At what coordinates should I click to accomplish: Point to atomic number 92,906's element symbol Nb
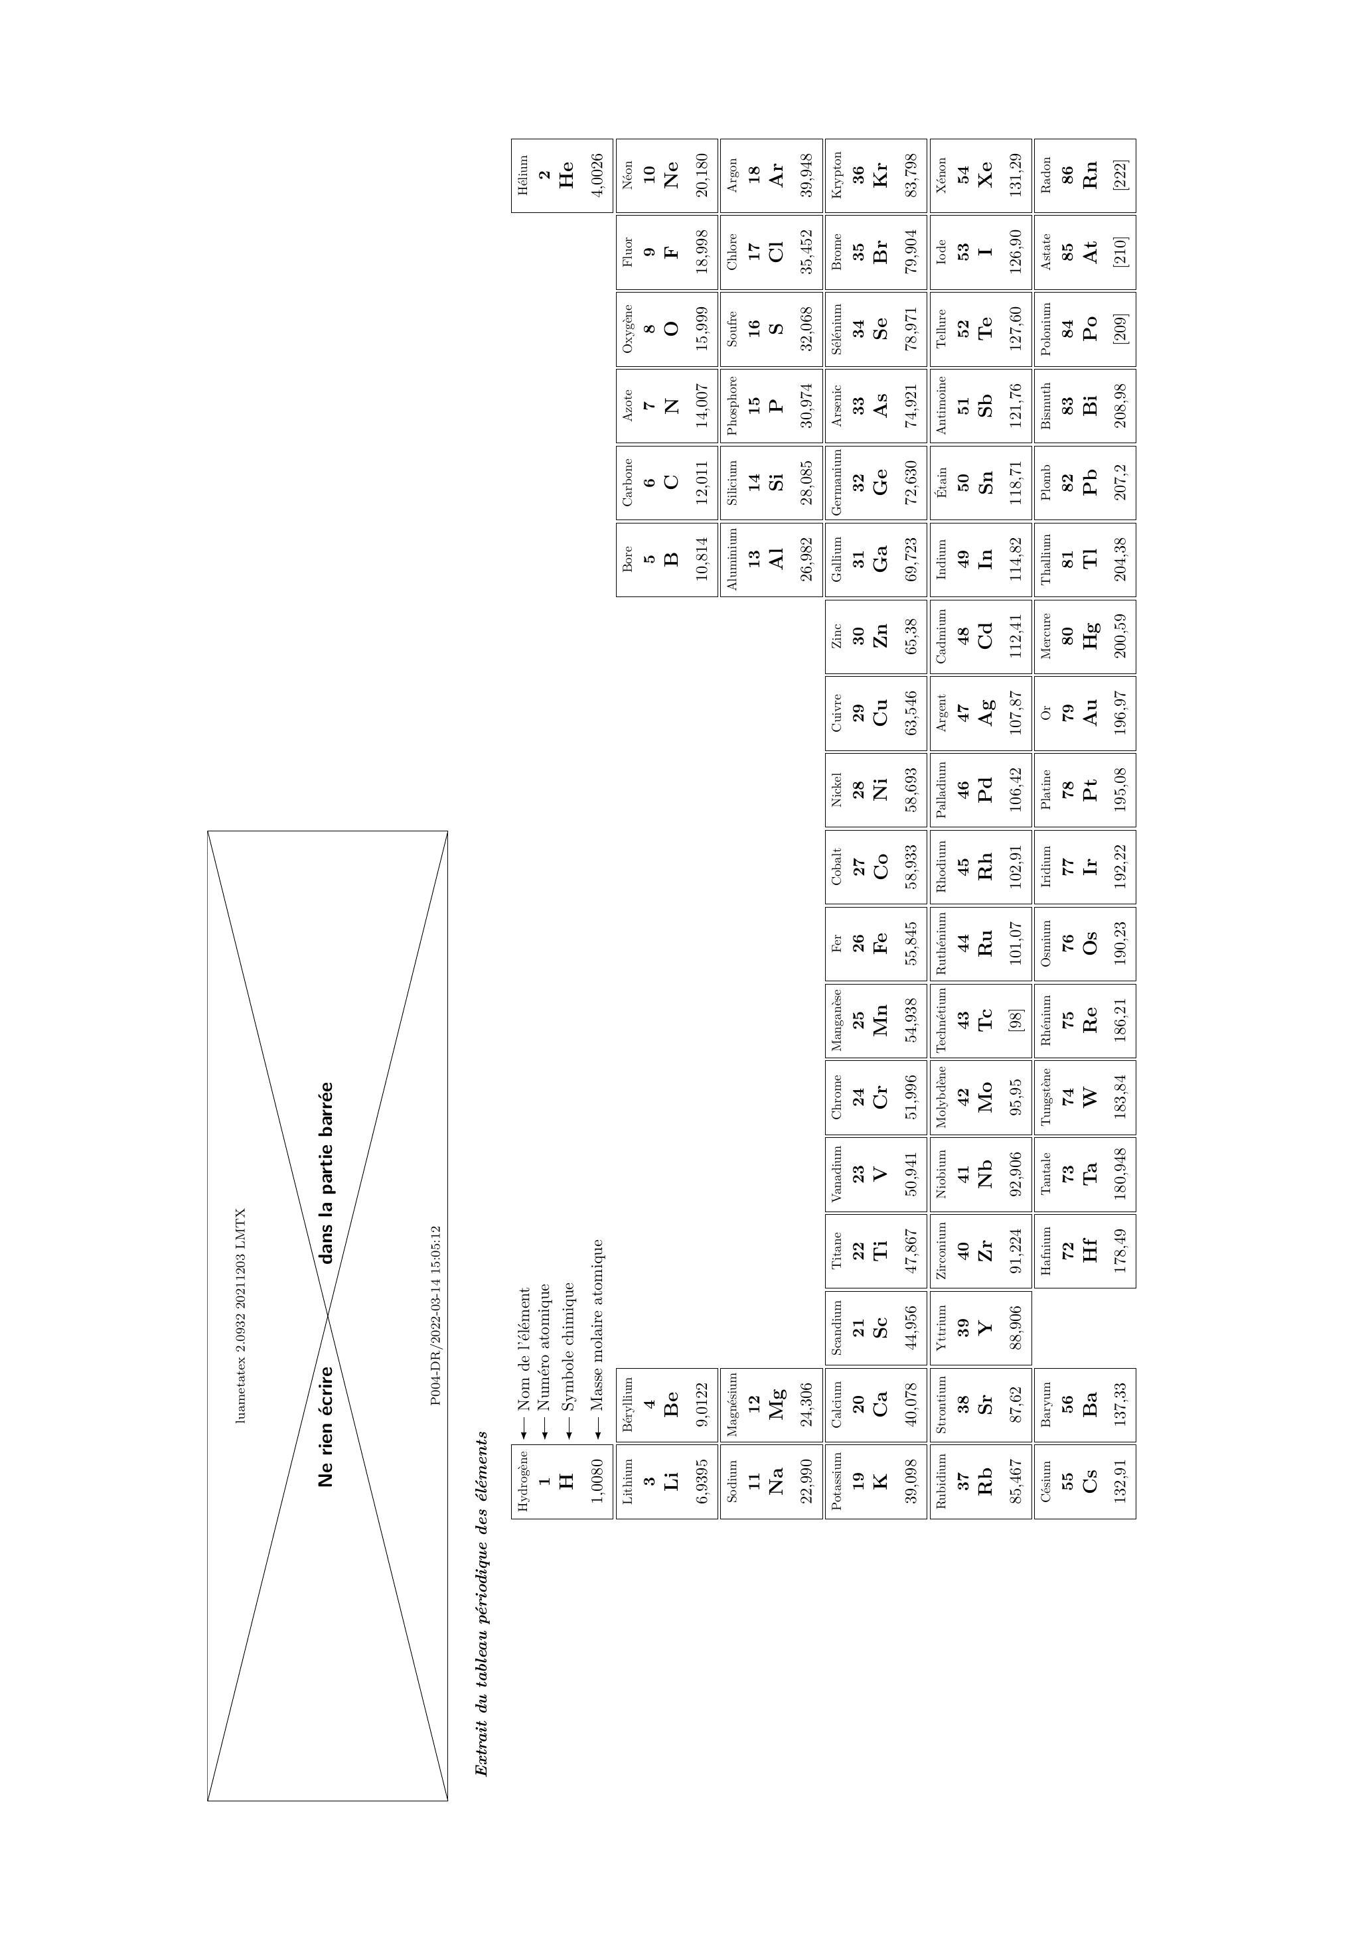pyautogui.click(x=985, y=1174)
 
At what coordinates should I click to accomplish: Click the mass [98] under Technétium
pyautogui.click(x=1016, y=1020)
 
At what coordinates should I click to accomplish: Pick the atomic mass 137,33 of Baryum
pyautogui.click(x=1122, y=1405)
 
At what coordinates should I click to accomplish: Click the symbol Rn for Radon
pyautogui.click(x=1091, y=175)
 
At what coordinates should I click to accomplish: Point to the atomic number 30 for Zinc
pyautogui.click(x=860, y=636)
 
